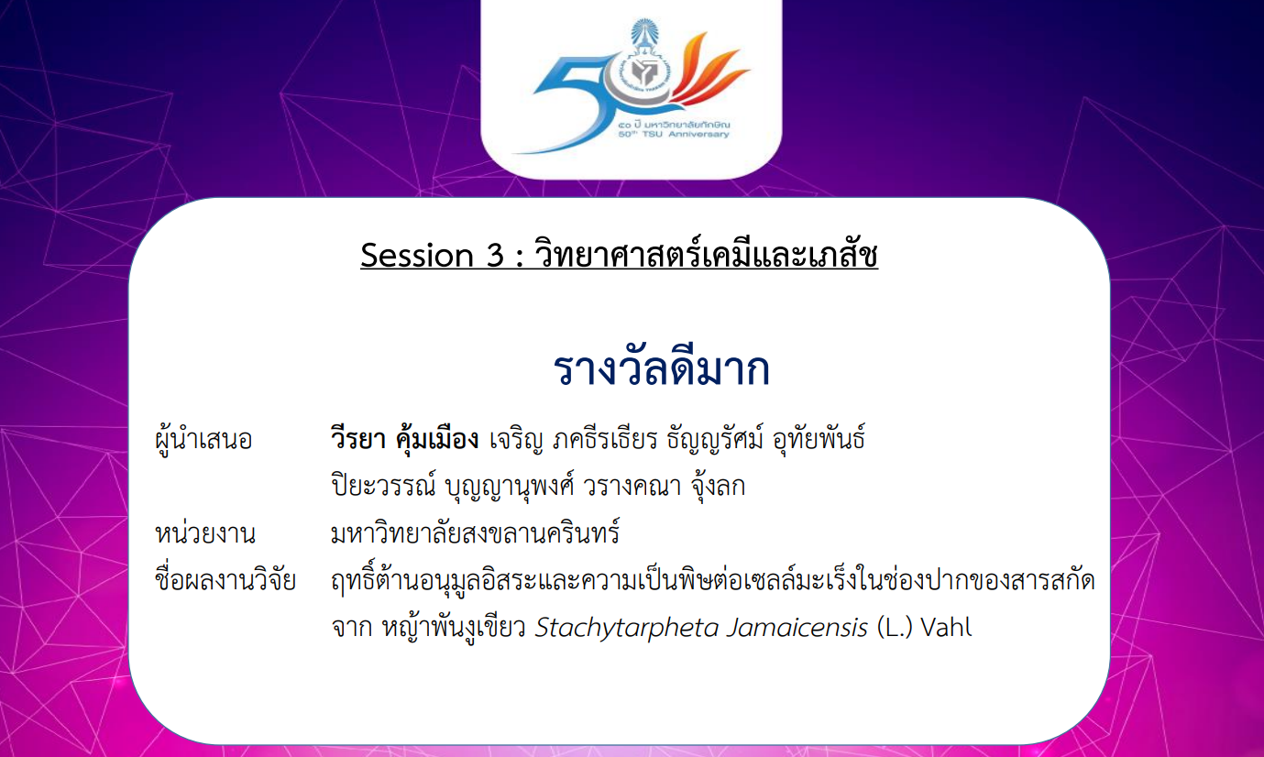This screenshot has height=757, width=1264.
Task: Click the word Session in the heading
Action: click(416, 255)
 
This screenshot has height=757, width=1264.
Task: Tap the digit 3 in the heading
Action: click(494, 255)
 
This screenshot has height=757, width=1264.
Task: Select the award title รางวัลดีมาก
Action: click(662, 369)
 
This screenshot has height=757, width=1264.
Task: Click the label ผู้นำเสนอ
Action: click(203, 439)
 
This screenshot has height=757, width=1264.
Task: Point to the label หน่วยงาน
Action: click(204, 533)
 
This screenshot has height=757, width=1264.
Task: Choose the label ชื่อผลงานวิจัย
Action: click(225, 579)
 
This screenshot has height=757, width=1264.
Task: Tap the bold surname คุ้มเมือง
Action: click(436, 438)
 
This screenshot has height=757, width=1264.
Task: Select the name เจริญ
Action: click(516, 440)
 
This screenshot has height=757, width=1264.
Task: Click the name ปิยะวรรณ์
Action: click(384, 486)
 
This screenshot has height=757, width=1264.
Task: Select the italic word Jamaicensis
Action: click(797, 627)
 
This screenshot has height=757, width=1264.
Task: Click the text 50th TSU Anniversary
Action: click(673, 134)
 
